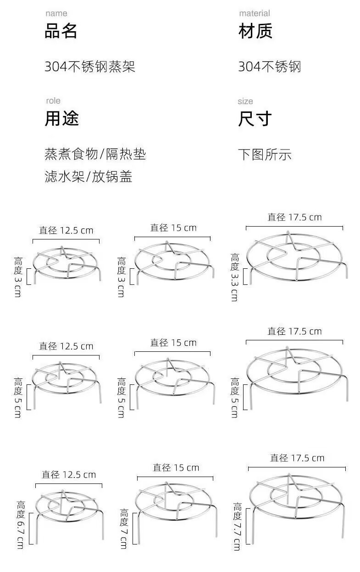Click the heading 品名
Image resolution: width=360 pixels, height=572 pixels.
[x=61, y=32]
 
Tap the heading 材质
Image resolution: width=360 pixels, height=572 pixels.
[x=255, y=32]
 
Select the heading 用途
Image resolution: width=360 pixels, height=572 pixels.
[x=61, y=118]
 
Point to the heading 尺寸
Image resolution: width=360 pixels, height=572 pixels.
[x=255, y=118]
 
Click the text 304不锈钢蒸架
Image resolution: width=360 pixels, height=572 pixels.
[x=90, y=67]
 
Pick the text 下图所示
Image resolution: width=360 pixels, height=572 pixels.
[x=265, y=155]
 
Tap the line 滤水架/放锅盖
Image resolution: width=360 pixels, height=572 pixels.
[x=89, y=177]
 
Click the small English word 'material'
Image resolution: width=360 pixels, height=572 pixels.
[x=255, y=13]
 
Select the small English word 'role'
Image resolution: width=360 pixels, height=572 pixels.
[x=53, y=100]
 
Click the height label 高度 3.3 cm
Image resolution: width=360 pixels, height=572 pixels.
[x=235, y=277]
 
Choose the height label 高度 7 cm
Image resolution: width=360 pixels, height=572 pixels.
[x=124, y=528]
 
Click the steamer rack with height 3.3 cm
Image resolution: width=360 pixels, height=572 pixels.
[x=295, y=257]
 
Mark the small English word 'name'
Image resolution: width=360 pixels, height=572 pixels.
[x=56, y=13]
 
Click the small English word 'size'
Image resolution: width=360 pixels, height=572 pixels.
[x=245, y=101]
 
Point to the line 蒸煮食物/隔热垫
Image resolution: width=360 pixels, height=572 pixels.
[x=95, y=155]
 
